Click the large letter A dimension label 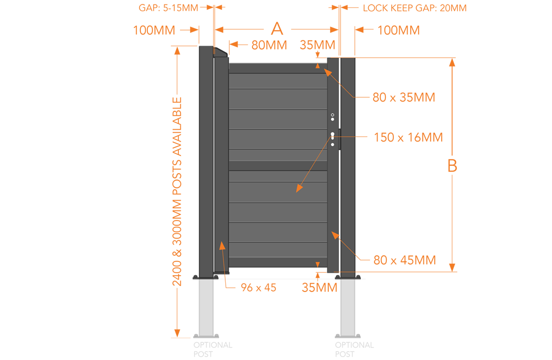pos(277,29)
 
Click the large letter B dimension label pos(452,166)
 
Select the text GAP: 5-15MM pos(168,8)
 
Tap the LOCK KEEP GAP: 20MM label pos(414,8)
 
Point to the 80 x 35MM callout pos(404,97)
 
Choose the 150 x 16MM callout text pos(409,138)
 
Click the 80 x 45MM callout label pos(405,260)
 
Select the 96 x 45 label pos(258,288)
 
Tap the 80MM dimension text pos(269,45)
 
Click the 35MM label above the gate pos(317,45)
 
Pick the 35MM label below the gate pos(319,288)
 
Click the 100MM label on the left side pos(154,30)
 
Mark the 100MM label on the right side pos(399,30)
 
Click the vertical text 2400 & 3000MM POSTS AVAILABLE pos(177,192)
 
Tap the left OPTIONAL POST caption pos(212,350)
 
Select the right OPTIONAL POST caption pos(354,350)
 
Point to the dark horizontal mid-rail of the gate pos(278,166)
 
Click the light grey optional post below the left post pos(206,308)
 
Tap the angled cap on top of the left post pos(220,52)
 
